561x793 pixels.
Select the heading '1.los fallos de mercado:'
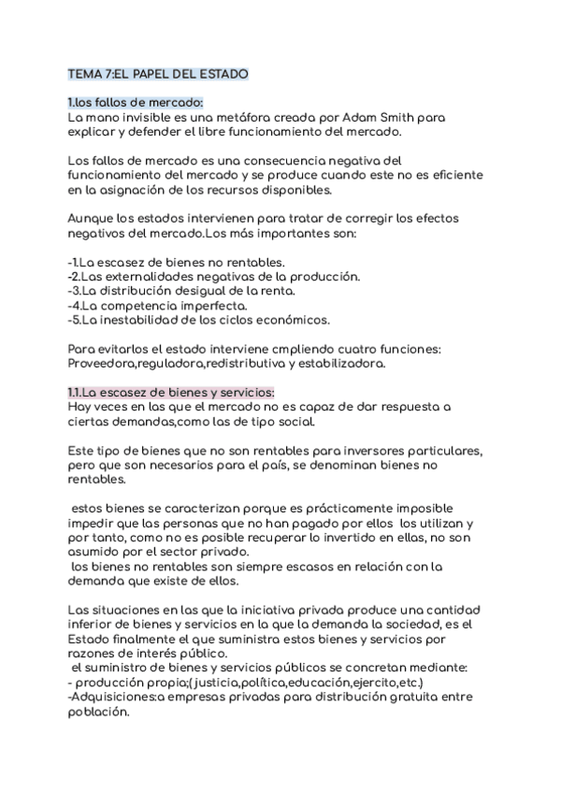coord(136,102)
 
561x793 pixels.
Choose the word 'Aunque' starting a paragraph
coord(93,219)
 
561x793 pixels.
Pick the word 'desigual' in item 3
coord(220,292)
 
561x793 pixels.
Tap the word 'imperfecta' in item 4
coord(212,306)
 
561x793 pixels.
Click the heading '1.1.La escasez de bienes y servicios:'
coord(171,393)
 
